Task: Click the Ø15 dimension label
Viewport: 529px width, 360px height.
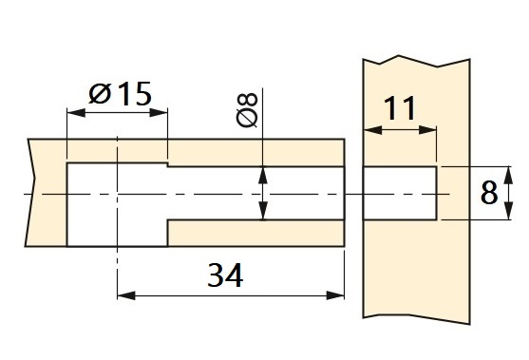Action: pos(119,95)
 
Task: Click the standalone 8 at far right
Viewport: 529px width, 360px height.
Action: pos(488,194)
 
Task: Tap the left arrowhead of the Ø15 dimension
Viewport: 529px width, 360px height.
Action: pos(72,112)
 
